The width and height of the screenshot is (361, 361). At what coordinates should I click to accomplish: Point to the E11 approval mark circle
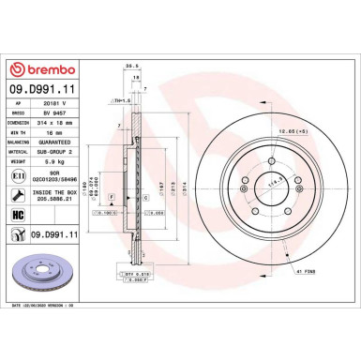[x=18, y=173]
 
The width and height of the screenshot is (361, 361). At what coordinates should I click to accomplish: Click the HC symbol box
[x=17, y=214]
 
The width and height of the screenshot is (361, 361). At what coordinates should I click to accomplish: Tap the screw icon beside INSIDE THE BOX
[x=18, y=194]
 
